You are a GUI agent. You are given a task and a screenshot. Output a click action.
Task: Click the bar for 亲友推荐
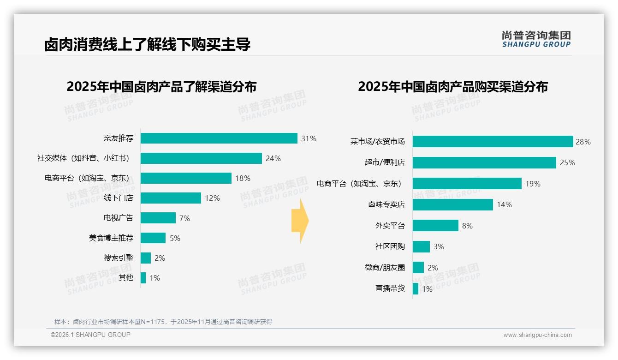219,138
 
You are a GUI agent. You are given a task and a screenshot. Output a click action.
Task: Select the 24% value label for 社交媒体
273,159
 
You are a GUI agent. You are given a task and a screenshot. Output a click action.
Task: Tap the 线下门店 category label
118,198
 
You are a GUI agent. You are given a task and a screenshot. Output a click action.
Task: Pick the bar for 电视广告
158,218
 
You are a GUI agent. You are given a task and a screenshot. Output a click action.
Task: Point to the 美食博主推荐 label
111,238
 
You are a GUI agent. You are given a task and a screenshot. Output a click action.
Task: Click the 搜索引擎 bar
146,258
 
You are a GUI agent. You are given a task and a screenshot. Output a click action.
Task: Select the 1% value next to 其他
154,278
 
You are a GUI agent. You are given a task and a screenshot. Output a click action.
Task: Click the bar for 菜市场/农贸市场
493,142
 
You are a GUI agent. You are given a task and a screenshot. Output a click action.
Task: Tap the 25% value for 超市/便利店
567,162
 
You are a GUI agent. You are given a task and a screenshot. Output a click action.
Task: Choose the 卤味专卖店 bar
452,204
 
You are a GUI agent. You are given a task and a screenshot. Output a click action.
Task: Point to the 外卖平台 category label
390,226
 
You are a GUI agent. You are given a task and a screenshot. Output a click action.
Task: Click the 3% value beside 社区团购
439,247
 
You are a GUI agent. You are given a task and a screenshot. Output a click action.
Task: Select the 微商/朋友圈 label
385,268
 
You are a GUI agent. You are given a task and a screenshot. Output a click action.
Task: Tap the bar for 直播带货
416,289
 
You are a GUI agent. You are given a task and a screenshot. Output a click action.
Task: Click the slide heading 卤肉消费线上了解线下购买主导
147,45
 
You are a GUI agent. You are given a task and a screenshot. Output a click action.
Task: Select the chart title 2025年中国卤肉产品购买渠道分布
452,87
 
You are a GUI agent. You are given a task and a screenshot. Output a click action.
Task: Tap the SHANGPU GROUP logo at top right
536,39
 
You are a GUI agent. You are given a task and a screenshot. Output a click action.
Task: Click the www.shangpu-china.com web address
537,335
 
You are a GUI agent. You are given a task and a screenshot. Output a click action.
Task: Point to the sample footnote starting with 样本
163,322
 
